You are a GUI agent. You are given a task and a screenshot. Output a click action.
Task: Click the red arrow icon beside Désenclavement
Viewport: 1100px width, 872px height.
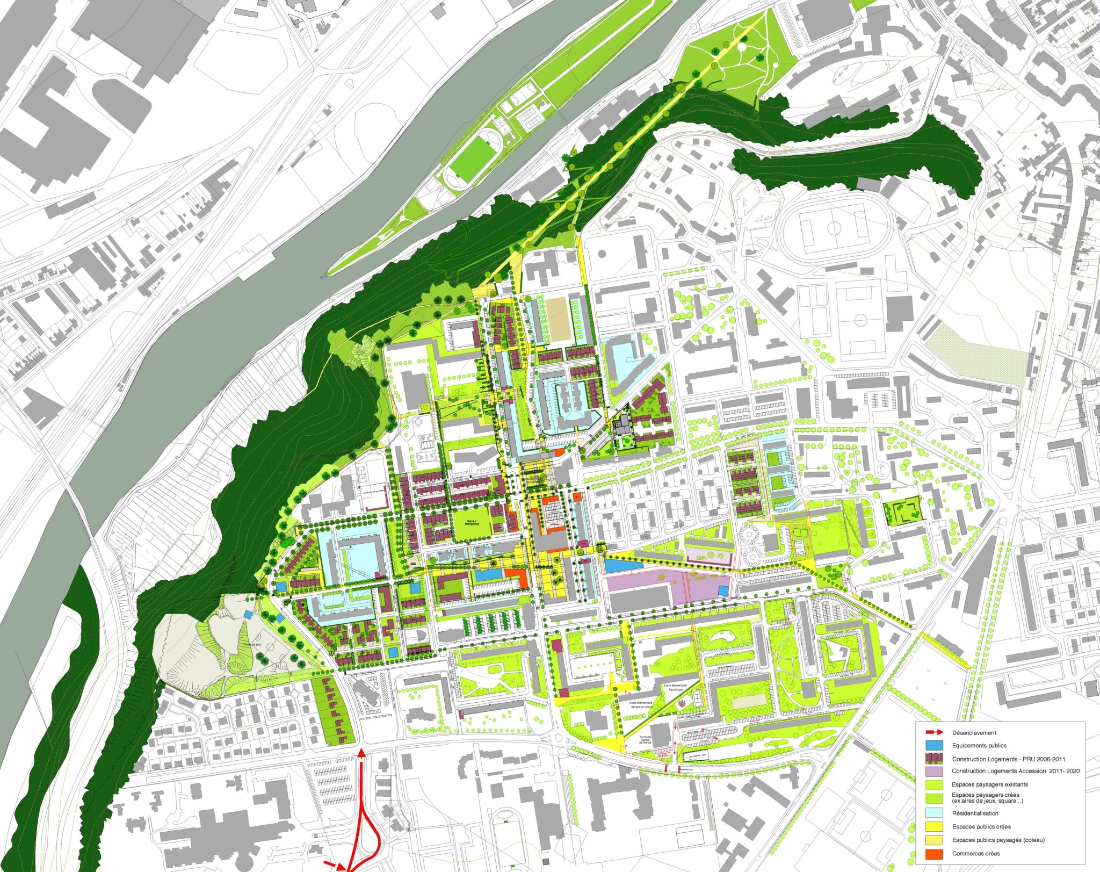point(935,732)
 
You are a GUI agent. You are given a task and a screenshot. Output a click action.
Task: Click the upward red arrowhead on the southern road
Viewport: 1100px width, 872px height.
point(362,753)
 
